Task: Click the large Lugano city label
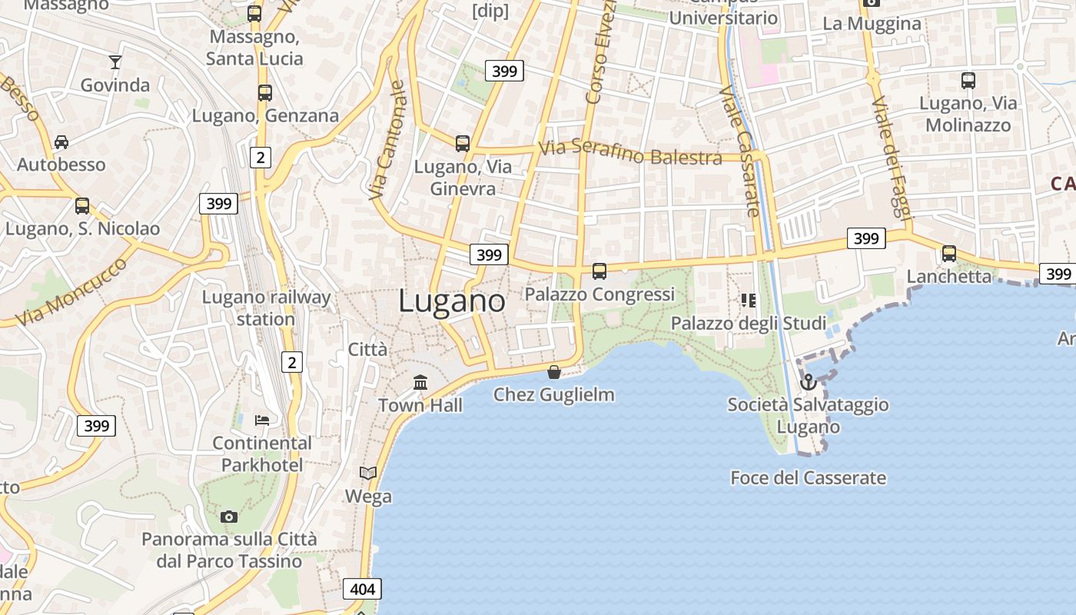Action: [452, 301]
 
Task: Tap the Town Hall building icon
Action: [420, 382]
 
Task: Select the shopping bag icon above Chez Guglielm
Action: [553, 373]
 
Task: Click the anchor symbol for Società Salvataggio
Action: [808, 382]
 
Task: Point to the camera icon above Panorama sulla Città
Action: [228, 517]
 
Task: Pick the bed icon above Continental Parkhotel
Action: [262, 420]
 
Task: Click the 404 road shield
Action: [362, 589]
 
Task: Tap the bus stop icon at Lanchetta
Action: [949, 254]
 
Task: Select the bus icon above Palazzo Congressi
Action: [599, 271]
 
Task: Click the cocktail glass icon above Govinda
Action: [115, 62]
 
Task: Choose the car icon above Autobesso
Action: [61, 142]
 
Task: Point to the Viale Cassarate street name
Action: [739, 150]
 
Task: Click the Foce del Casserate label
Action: [808, 477]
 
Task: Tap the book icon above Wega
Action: [368, 473]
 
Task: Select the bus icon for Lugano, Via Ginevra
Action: [462, 144]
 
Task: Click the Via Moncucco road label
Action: [71, 291]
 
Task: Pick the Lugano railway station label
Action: [266, 307]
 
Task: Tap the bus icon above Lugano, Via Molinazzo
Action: [968, 80]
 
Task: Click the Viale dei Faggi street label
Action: [891, 161]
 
